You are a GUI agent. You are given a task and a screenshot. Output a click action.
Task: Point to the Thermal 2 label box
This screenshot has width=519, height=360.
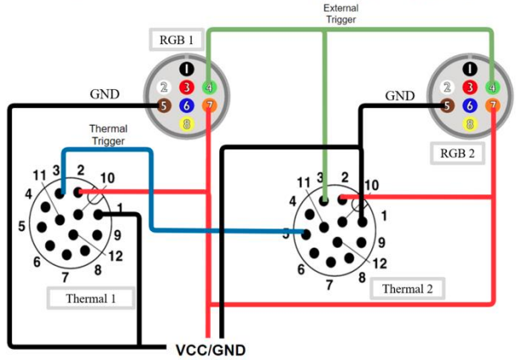407,289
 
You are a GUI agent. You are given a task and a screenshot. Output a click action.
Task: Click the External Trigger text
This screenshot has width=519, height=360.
340,14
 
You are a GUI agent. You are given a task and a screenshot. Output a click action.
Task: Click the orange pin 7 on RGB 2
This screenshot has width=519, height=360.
493,106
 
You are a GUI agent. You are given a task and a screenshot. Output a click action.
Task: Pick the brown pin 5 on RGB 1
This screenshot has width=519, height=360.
164,106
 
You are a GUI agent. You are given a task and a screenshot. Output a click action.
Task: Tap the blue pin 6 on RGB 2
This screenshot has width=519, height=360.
470,106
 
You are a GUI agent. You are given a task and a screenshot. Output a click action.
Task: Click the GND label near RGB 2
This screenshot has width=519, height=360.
400,96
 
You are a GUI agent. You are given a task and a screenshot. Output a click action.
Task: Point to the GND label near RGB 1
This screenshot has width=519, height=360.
104,94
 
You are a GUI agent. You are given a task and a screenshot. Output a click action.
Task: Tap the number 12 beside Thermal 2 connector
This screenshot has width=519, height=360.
380,264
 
